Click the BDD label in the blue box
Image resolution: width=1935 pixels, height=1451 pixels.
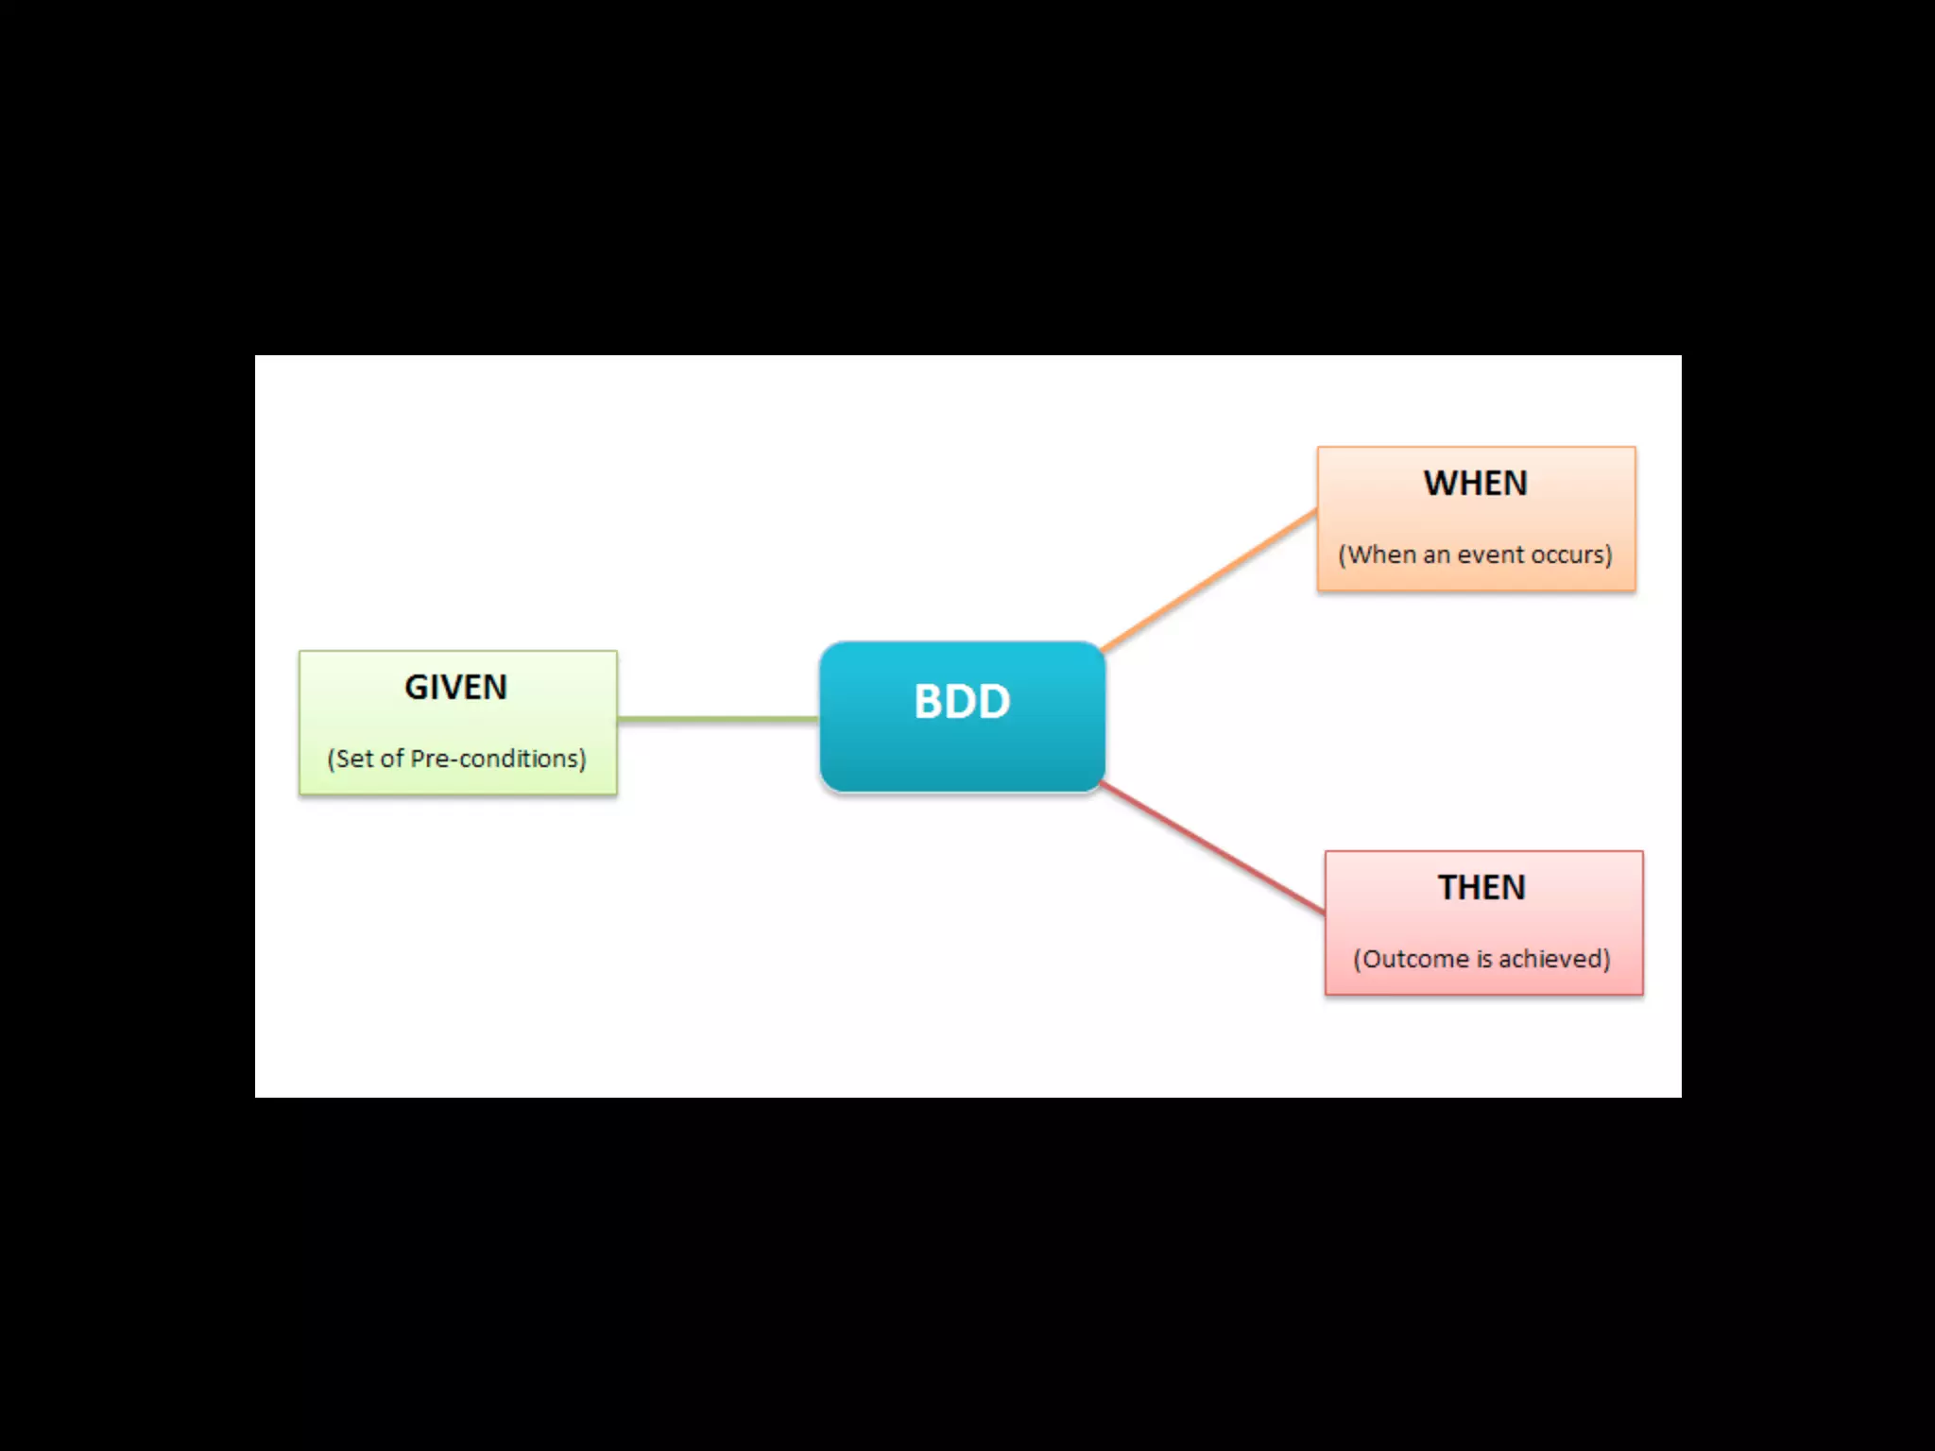(962, 702)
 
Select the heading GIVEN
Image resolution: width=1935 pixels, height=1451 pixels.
(456, 687)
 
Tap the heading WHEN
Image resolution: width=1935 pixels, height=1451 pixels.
(1476, 483)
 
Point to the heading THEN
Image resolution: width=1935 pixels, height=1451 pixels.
(1481, 887)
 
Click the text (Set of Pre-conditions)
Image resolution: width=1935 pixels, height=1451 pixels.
(456, 759)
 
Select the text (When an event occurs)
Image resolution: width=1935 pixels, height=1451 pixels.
(1475, 555)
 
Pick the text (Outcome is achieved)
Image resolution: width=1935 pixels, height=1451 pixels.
(1481, 959)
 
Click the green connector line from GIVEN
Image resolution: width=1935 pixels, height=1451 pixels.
(718, 719)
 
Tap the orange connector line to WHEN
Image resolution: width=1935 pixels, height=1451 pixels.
(1209, 580)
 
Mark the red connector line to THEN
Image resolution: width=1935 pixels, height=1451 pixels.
(1213, 848)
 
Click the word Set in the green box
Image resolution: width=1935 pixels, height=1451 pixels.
(354, 759)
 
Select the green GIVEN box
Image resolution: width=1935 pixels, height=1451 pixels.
(458, 724)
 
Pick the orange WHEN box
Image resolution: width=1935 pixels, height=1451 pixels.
(1476, 519)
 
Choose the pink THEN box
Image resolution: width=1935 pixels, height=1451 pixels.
(1483, 923)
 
